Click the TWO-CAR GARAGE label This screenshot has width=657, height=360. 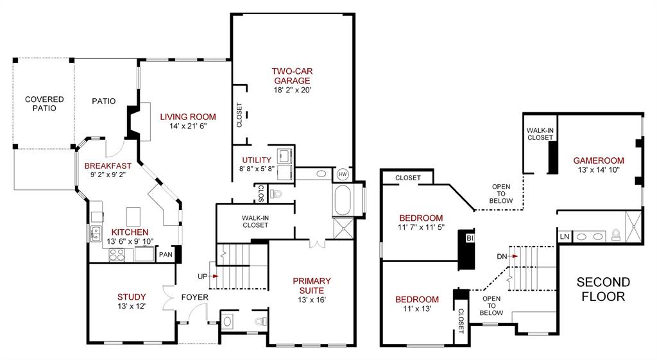292,76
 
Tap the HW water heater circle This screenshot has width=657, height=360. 343,174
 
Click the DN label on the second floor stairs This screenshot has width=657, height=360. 502,256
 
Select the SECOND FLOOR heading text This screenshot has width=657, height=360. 603,289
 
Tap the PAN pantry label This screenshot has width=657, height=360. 165,255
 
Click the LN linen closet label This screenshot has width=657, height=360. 564,237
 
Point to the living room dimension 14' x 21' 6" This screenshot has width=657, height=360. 187,127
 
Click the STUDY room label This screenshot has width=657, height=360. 132,296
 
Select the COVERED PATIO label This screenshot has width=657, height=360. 44,104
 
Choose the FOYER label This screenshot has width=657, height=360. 193,297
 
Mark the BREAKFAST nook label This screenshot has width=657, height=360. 108,166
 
